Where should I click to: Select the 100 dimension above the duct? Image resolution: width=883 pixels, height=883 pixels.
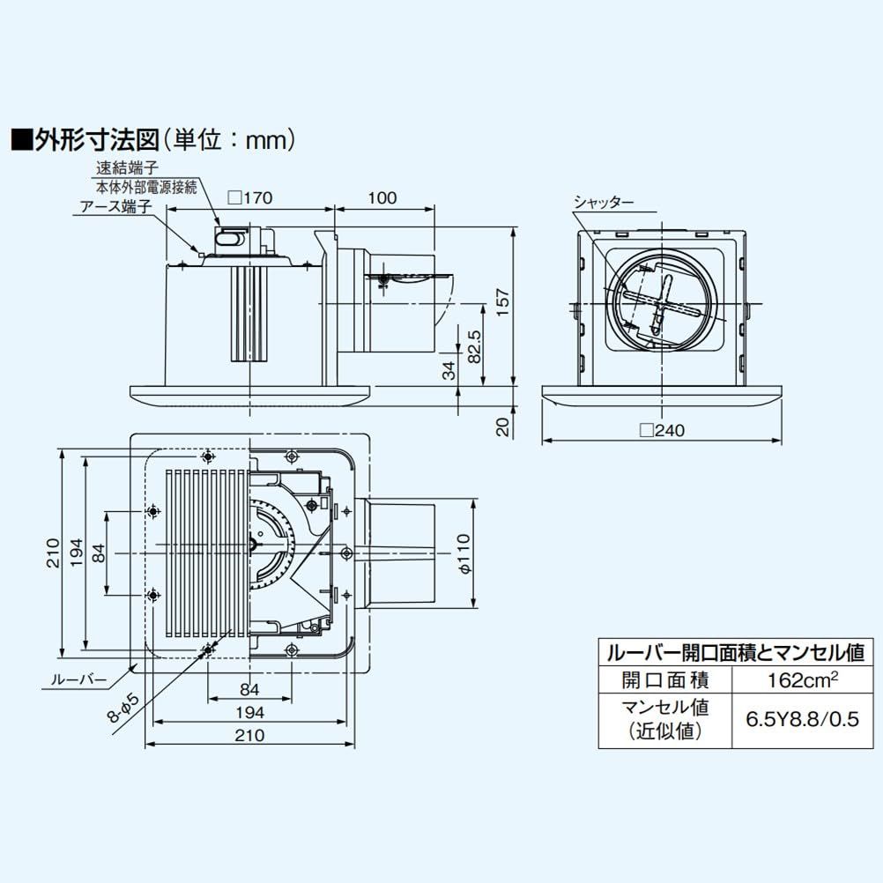(382, 198)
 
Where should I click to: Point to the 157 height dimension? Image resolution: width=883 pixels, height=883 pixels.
(502, 305)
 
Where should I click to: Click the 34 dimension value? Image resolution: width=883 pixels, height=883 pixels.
(448, 370)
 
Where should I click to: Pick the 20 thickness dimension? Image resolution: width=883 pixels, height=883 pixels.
(502, 427)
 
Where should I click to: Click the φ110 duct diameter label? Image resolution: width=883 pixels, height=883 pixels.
(465, 554)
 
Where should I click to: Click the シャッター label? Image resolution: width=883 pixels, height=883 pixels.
(604, 202)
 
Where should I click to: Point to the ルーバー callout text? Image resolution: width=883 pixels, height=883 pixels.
(78, 680)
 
